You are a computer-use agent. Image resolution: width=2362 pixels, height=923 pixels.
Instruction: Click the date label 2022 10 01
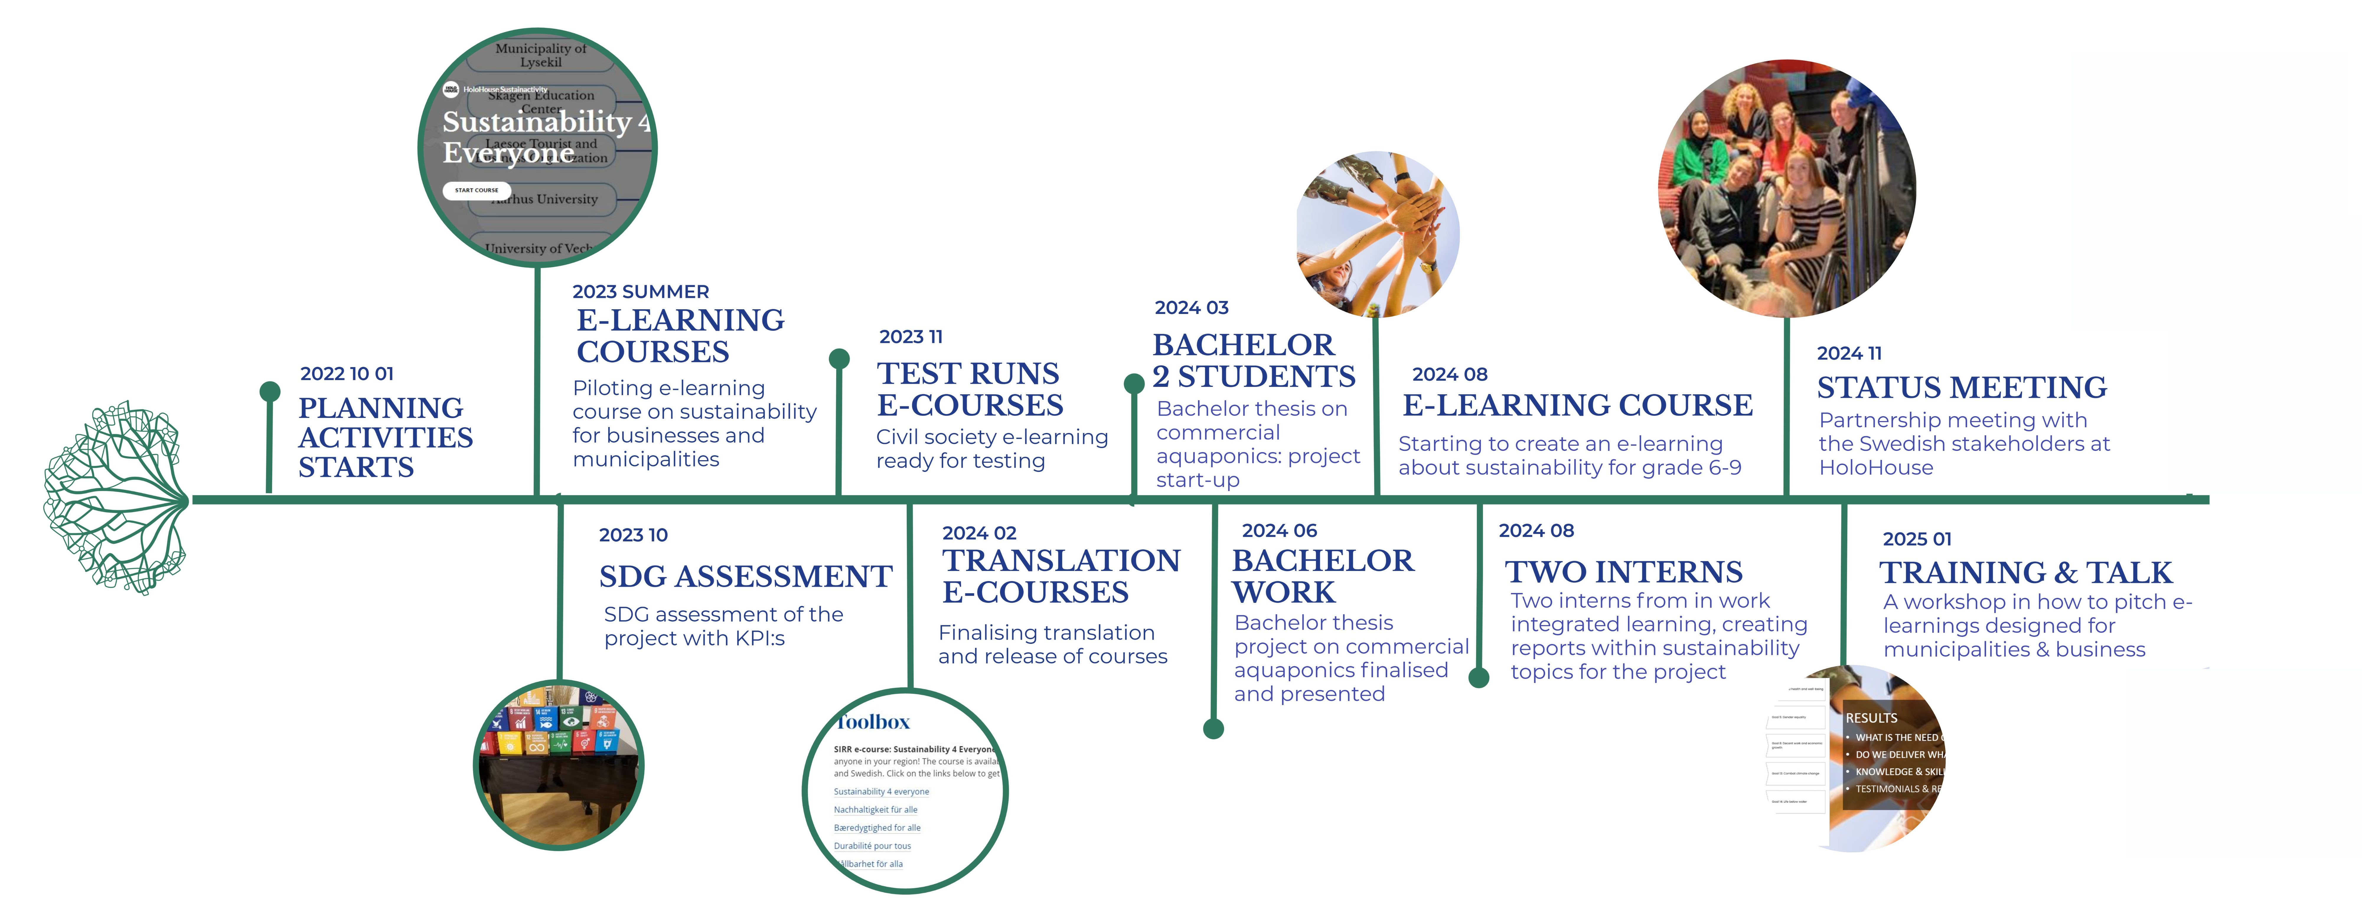pyautogui.click(x=347, y=373)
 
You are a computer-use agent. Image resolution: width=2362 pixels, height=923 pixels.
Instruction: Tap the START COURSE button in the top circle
pyautogui.click(x=477, y=190)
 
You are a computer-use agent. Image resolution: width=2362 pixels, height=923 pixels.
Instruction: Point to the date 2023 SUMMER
pyautogui.click(x=640, y=292)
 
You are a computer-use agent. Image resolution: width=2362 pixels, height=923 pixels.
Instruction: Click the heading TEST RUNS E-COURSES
pyautogui.click(x=969, y=389)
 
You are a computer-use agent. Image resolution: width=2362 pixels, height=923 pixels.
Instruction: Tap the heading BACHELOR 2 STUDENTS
pyautogui.click(x=1252, y=361)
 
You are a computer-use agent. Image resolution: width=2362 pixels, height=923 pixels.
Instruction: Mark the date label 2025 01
pyautogui.click(x=1916, y=538)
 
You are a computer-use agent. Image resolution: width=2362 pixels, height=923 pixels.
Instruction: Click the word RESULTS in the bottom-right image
pyautogui.click(x=1870, y=717)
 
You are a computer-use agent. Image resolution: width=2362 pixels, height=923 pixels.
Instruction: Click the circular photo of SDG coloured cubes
pyautogui.click(x=558, y=764)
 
